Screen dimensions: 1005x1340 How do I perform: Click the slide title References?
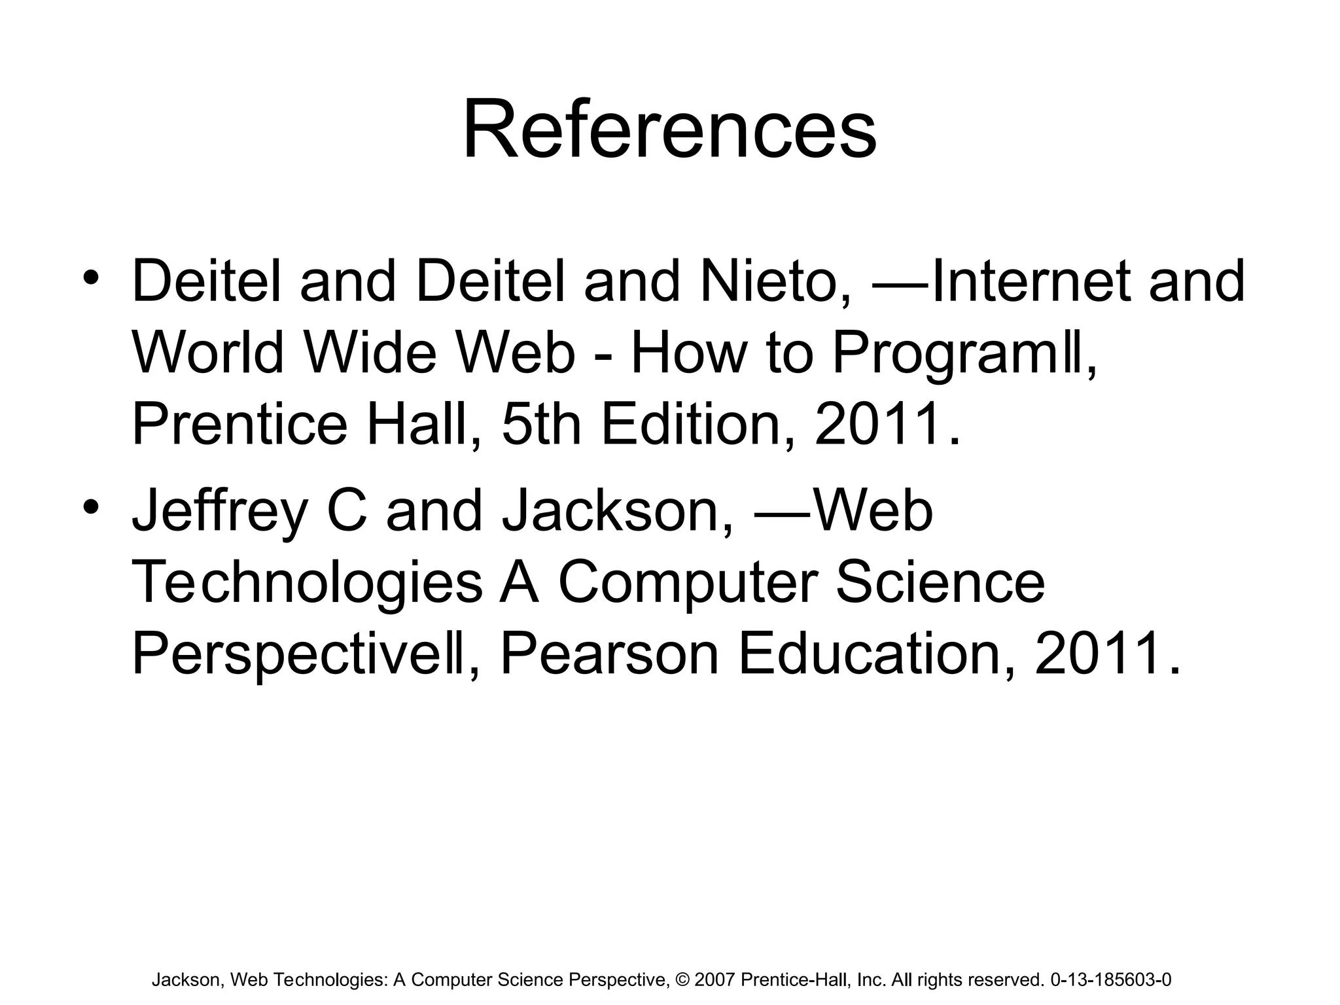pyautogui.click(x=669, y=130)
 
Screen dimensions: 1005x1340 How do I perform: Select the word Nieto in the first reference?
pyautogui.click(x=775, y=282)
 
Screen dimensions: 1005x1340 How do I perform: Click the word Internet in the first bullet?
pyautogui.click(x=1028, y=282)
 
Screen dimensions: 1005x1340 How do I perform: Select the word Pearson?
pyautogui.click(x=609, y=655)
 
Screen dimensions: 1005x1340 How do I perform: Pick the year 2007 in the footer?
pyautogui.click(x=715, y=980)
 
